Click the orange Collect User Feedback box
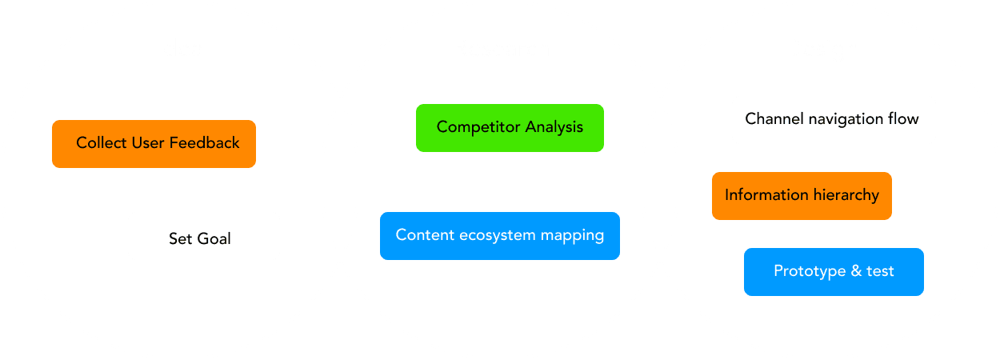(x=154, y=144)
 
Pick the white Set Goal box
(x=204, y=236)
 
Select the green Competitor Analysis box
(x=510, y=128)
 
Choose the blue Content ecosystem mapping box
(x=500, y=236)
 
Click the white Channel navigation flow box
(x=834, y=120)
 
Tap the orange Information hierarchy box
(x=802, y=196)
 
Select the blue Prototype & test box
(x=834, y=272)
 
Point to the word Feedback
(x=205, y=144)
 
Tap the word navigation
(x=842, y=120)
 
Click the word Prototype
(x=806, y=272)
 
